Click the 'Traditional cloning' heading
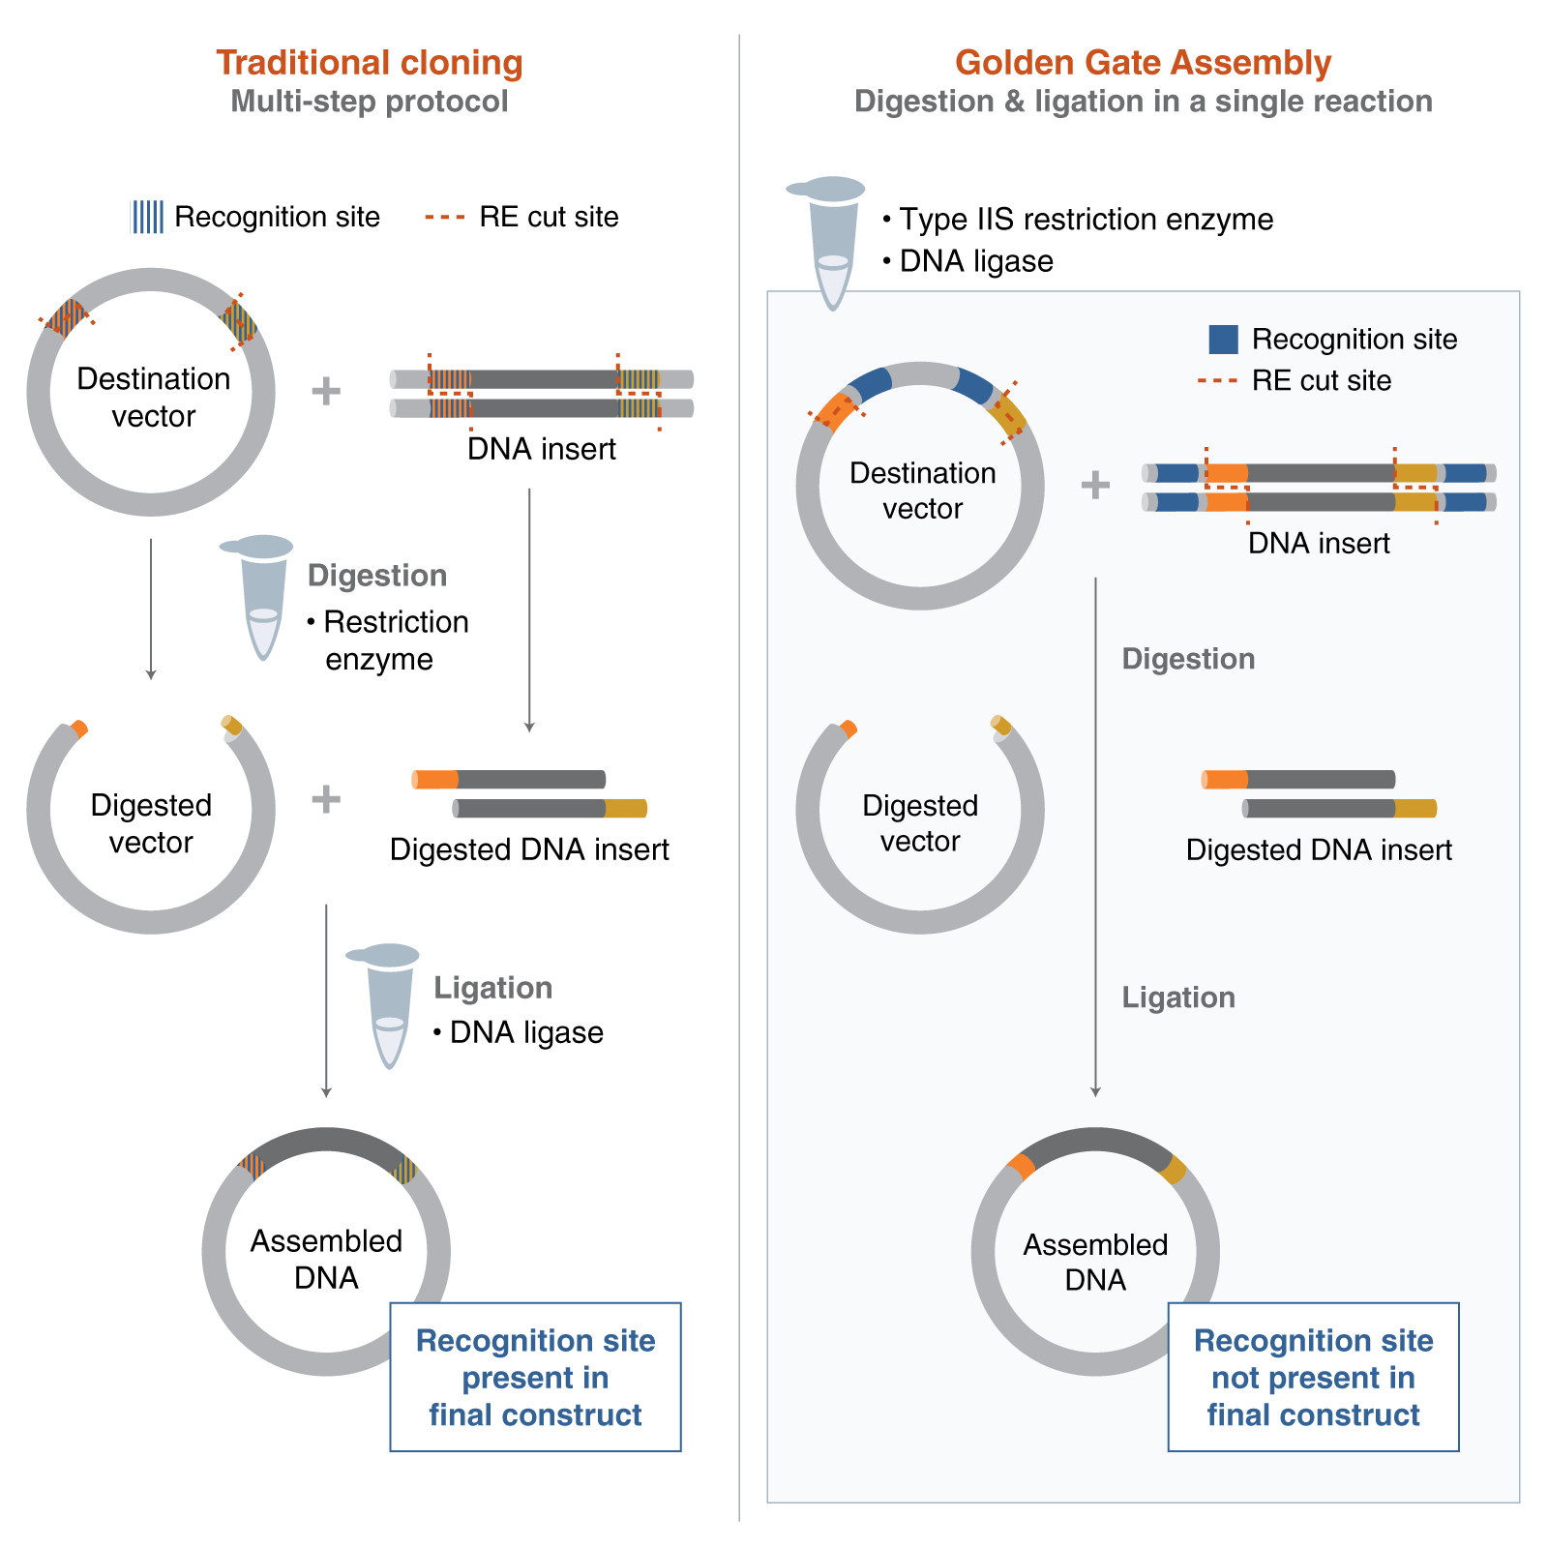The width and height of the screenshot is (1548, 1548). [x=369, y=63]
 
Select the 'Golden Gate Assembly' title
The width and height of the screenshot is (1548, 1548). [x=1143, y=63]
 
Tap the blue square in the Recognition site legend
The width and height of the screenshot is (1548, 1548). [x=1223, y=340]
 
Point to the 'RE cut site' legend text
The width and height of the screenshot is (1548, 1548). [x=1321, y=381]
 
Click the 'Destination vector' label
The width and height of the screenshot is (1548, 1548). [x=922, y=491]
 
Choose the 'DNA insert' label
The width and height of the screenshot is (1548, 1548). [x=1318, y=544]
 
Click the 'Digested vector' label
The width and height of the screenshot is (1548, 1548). [x=920, y=823]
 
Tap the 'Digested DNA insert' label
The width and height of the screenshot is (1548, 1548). [x=1319, y=850]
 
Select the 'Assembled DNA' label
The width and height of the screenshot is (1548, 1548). [x=1095, y=1262]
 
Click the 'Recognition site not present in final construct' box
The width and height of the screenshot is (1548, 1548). [x=1313, y=1377]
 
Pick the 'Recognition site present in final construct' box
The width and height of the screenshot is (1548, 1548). [x=535, y=1377]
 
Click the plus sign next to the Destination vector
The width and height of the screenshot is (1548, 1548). [x=1095, y=485]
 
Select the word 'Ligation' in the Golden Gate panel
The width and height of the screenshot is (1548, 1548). [x=1178, y=997]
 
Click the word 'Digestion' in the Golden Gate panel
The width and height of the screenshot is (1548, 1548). [x=1188, y=659]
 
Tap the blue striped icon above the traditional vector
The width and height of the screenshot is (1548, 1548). [x=147, y=217]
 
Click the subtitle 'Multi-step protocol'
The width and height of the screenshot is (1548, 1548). [x=369, y=102]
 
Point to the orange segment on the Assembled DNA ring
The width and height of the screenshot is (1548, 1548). [x=1021, y=1166]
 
